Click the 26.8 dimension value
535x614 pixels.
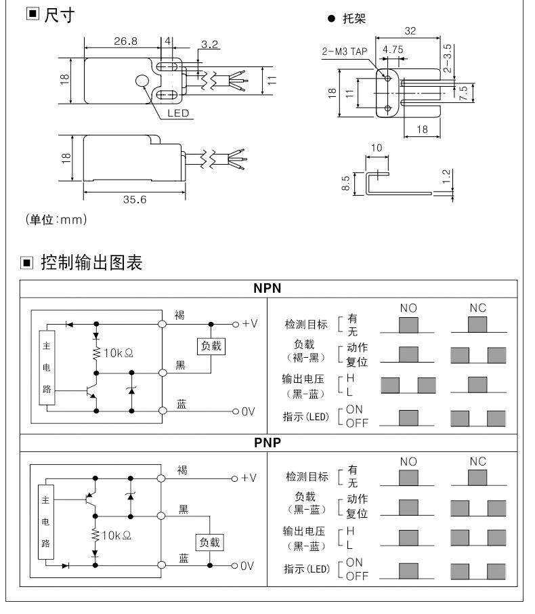(125, 41)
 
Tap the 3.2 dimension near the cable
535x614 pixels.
(210, 45)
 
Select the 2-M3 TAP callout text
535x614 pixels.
(346, 51)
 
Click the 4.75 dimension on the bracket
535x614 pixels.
(393, 50)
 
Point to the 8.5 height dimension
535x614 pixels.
(345, 183)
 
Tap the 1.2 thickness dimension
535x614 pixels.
(445, 178)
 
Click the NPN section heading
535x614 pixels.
(267, 288)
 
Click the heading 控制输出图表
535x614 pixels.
(91, 262)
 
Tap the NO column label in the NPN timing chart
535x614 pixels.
(408, 308)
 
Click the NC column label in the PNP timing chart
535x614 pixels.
(478, 462)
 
